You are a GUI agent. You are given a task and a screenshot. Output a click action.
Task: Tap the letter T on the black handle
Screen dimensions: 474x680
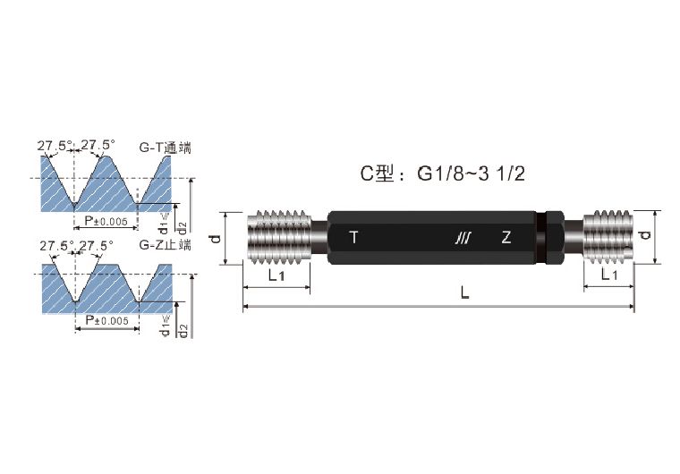point(353,238)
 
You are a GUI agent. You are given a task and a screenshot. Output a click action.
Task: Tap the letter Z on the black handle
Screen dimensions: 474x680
point(506,238)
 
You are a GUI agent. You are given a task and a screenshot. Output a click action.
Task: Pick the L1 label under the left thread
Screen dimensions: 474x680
point(276,275)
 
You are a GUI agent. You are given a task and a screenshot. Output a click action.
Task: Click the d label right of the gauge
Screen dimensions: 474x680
point(647,237)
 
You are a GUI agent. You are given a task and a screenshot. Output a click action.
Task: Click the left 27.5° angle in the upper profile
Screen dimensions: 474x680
point(53,144)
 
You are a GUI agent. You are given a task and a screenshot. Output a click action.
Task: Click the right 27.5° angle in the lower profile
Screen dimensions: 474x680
point(97,245)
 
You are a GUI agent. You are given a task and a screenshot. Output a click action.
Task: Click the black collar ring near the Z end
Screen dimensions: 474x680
point(553,238)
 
